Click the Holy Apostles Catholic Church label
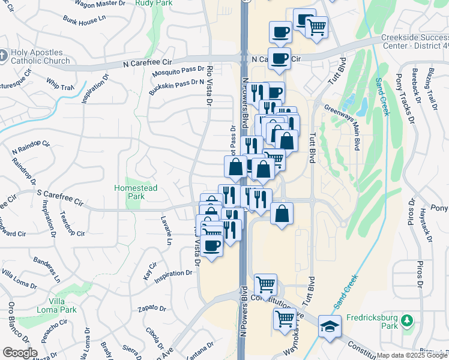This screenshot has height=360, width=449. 40,56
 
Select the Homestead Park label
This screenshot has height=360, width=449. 136,192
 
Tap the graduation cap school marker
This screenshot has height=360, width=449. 329,326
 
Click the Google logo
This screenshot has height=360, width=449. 20,353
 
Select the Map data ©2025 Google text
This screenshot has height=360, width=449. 412,355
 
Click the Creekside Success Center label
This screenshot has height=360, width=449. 415,40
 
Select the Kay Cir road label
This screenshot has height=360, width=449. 149,271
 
